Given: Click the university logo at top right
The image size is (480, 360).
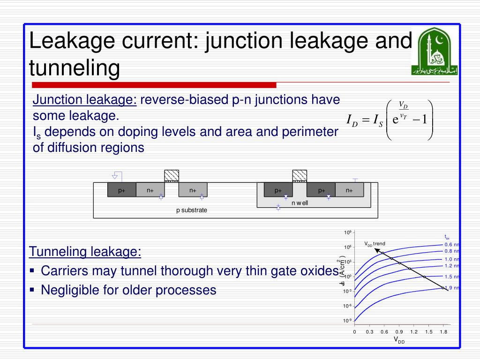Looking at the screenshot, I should point(435,52).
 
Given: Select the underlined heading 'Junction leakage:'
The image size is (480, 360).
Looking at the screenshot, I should point(85,100).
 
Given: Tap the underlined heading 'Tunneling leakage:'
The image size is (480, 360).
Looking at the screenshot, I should point(85,252).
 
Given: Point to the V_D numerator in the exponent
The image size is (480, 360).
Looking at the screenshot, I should point(403,104).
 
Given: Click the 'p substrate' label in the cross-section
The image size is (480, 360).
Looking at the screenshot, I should point(191,210).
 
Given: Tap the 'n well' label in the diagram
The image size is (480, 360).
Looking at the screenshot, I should point(300,202).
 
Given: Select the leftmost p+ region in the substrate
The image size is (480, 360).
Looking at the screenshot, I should point(122,190).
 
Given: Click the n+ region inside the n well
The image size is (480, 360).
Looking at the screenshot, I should point(350,190).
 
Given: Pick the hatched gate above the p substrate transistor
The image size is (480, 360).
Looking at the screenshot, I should point(172,176).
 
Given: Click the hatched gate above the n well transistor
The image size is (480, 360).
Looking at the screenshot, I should point(300,176).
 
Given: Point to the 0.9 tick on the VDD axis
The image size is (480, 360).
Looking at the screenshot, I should point(399,332).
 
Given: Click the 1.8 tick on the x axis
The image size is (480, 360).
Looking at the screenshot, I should point(443,332).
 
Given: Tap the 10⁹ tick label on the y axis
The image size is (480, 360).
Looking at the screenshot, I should point(348,233).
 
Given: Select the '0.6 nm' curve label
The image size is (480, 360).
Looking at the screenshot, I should point(452,245).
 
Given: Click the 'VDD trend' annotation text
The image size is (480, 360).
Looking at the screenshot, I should point(375,244).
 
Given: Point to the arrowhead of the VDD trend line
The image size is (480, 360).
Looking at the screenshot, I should point(376,250).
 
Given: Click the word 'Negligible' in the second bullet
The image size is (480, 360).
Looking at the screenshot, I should point(66,290).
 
